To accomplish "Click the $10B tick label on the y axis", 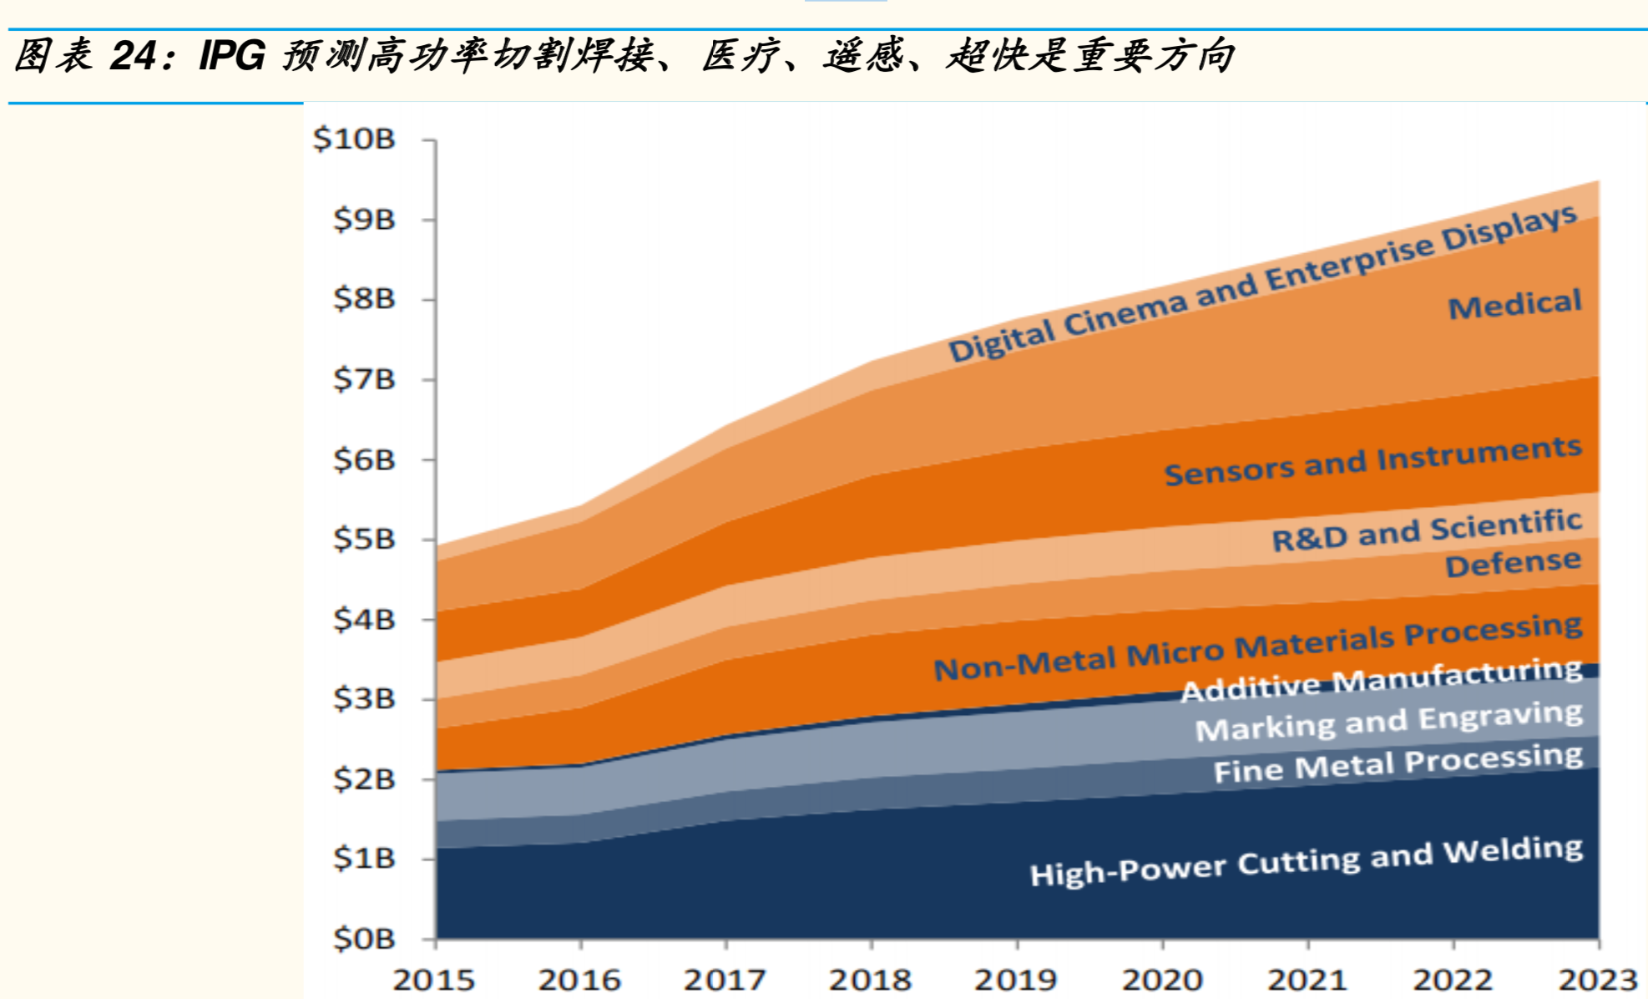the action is [x=354, y=139].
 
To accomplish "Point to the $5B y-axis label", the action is [x=364, y=539].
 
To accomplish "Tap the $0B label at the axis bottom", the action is [x=364, y=939].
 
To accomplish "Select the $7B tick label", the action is [x=364, y=379].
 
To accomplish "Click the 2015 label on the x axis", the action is [x=434, y=980].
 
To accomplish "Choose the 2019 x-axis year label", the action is [x=1016, y=980].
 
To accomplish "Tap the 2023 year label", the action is [x=1599, y=980].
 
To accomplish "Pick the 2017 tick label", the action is [x=725, y=980].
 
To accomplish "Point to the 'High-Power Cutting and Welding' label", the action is [x=1307, y=861].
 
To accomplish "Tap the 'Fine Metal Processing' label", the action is [x=1398, y=763].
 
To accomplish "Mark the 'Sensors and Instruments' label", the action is [x=1373, y=461].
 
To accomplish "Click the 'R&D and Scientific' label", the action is [x=1427, y=530].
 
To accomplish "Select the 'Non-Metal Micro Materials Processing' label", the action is [x=1258, y=647].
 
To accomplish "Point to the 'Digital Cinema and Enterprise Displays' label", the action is [x=1263, y=283].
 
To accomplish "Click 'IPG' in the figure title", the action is [x=232, y=56].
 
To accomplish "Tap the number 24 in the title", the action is [x=132, y=56].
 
